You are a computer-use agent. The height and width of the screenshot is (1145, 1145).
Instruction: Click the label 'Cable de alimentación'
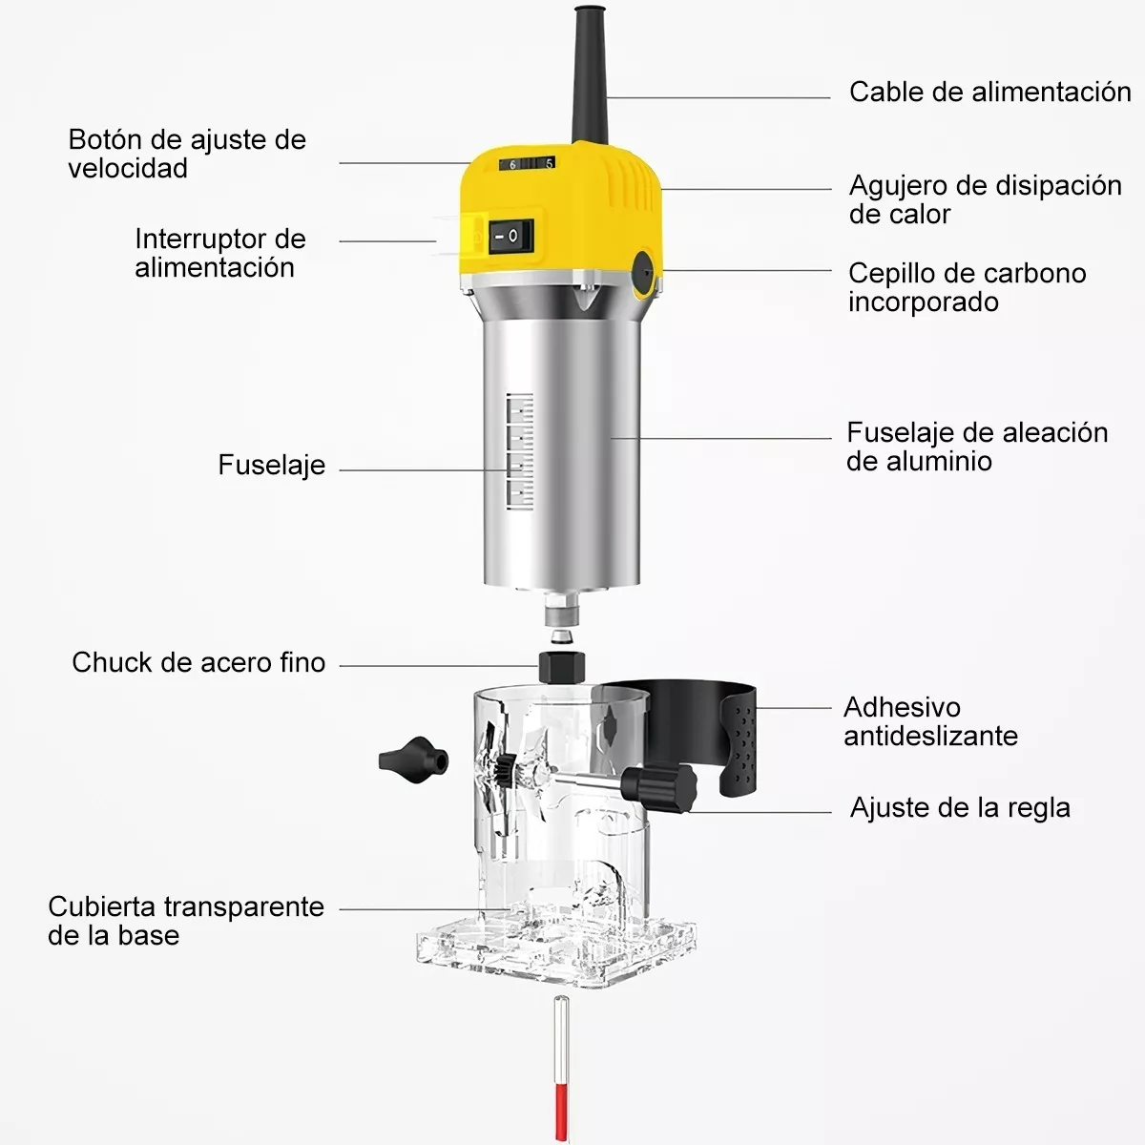click(989, 92)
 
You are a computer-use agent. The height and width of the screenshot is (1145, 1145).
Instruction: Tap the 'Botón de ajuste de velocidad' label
click(187, 154)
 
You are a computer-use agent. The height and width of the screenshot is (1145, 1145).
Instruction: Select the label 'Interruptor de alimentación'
click(219, 253)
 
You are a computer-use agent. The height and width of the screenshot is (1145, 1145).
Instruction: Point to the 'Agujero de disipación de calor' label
click(985, 198)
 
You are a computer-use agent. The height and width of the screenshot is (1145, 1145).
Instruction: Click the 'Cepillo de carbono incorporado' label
click(967, 287)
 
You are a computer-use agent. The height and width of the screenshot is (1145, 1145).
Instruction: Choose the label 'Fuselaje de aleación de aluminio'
click(976, 447)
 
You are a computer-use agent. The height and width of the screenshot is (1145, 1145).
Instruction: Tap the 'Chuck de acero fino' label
click(198, 662)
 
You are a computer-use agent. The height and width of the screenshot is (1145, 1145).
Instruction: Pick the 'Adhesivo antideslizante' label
click(929, 721)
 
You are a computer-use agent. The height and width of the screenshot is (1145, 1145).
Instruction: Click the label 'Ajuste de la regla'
click(959, 808)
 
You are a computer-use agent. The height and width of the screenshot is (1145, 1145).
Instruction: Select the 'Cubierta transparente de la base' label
click(186, 921)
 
